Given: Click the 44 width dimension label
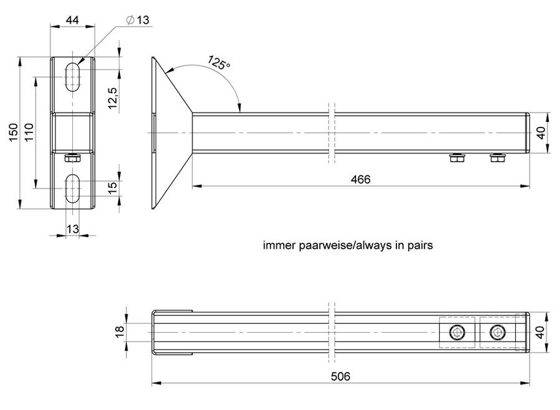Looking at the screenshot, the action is click(x=72, y=20).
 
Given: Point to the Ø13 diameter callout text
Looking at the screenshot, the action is click(x=138, y=20).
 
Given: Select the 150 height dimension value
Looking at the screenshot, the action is click(x=13, y=133).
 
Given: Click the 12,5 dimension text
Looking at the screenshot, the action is click(x=112, y=98).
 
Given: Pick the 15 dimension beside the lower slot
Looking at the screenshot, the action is click(x=112, y=188).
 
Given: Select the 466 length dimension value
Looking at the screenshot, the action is click(x=360, y=179).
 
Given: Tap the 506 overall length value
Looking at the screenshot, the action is click(x=340, y=376).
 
